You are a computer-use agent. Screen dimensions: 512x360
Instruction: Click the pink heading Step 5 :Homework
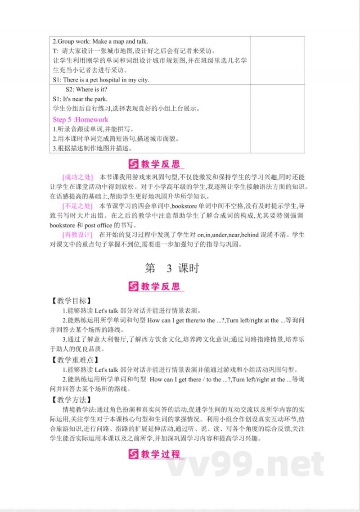pos(81,119)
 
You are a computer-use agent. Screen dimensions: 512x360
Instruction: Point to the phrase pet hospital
pos(97,80)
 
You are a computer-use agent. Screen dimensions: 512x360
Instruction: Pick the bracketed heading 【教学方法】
pos(71,399)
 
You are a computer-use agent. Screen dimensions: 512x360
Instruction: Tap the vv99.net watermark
pos(245,464)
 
